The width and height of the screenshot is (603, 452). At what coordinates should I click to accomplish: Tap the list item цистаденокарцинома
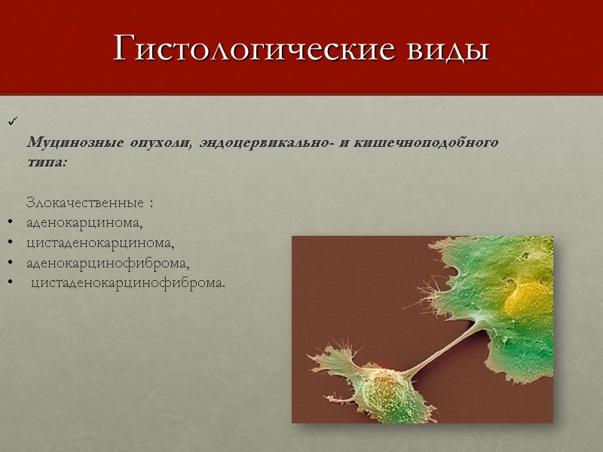coord(100,244)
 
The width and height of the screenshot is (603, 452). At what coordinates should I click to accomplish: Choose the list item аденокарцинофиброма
coord(108,264)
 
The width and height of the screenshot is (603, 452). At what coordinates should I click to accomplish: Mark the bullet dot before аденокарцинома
coord(10,224)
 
